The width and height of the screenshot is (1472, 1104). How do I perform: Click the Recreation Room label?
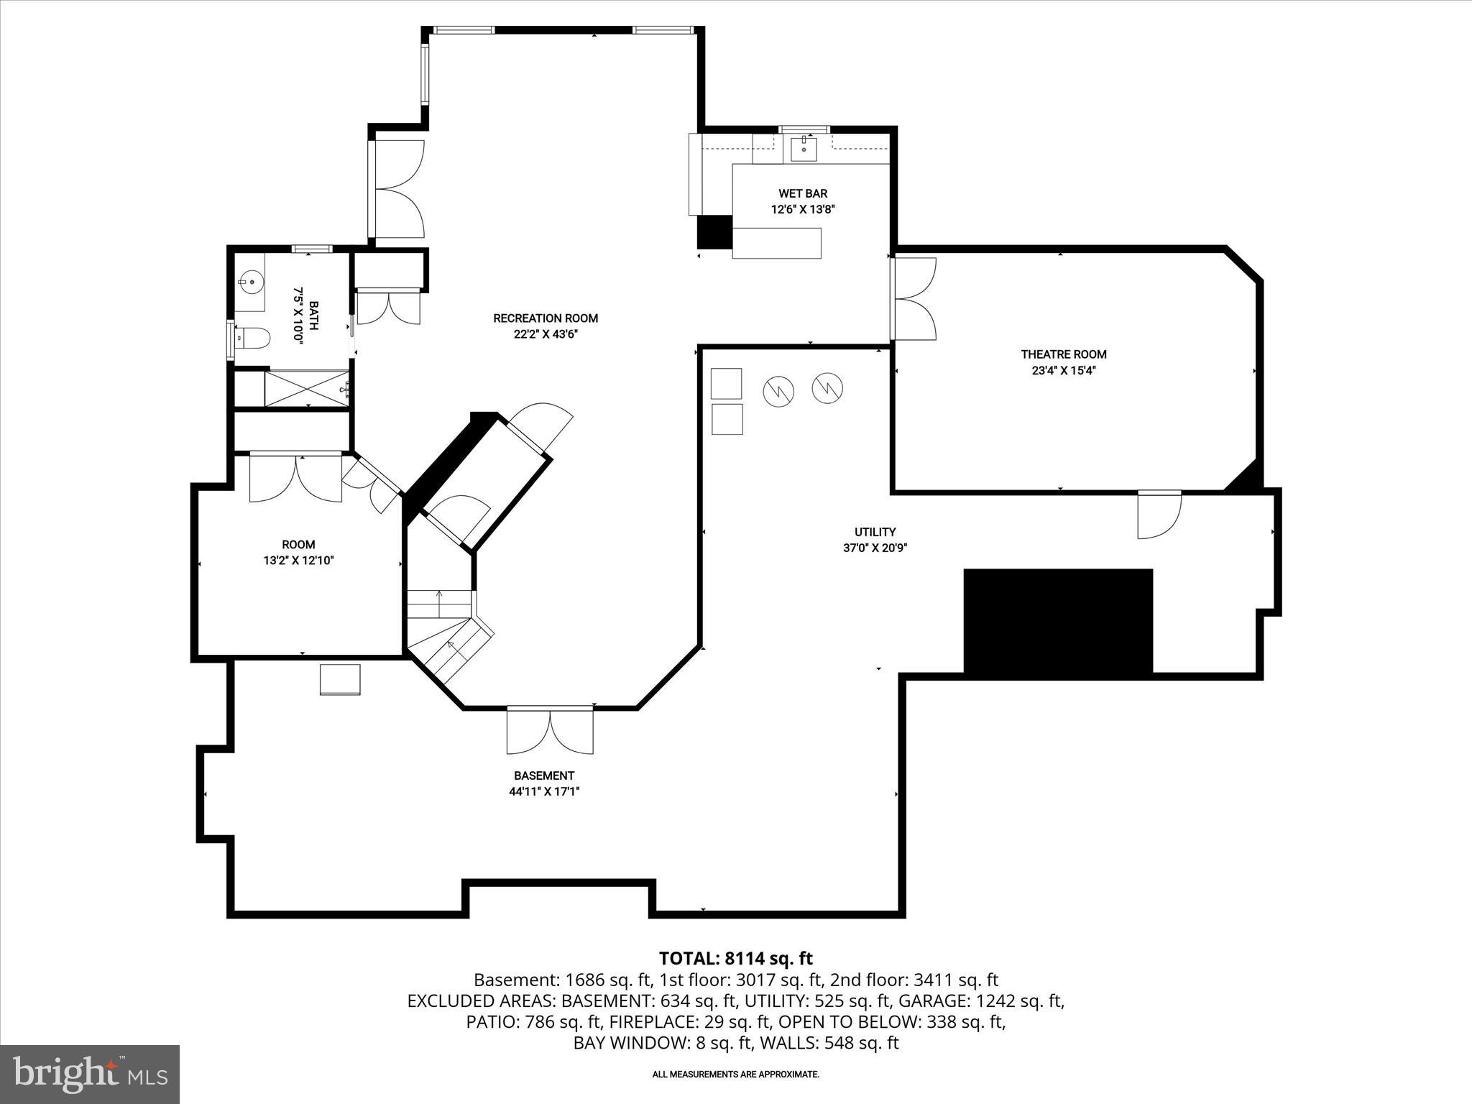(x=545, y=318)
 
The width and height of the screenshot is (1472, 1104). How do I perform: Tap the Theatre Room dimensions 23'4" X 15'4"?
(x=1064, y=371)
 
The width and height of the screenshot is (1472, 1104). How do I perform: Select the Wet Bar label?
(x=803, y=193)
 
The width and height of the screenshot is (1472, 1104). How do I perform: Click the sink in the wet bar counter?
(x=804, y=149)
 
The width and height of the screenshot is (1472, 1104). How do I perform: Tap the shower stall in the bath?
(x=307, y=389)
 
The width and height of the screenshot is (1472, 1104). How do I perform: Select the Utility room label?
(x=875, y=532)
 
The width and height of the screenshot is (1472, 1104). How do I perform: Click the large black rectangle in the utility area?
(x=1057, y=621)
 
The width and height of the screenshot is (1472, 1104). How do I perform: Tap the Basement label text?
(x=544, y=776)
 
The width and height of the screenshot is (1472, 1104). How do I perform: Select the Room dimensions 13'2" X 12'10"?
(x=298, y=561)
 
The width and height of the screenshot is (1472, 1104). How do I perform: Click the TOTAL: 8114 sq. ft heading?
(x=735, y=958)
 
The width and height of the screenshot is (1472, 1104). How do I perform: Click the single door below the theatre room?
(x=1158, y=515)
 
